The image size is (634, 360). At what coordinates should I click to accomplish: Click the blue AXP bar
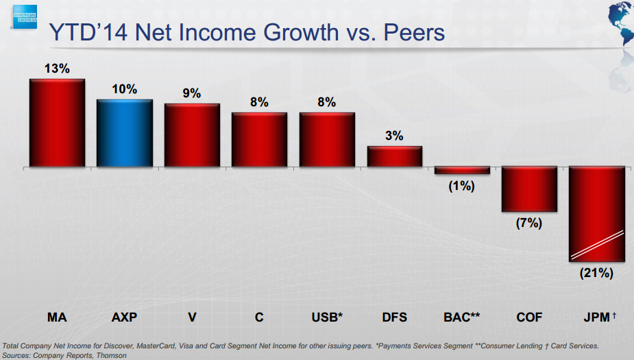coord(124,133)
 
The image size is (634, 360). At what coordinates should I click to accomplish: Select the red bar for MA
coord(57,123)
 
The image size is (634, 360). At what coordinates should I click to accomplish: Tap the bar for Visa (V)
coord(192,135)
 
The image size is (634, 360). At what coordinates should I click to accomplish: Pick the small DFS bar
coord(394,156)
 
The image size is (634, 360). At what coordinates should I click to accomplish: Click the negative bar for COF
coord(529,189)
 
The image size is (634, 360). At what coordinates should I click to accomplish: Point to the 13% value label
coord(57,69)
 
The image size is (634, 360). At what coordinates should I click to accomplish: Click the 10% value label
coord(124,89)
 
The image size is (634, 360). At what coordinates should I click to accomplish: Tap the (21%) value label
coord(596,273)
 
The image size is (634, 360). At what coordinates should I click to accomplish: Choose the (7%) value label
coord(529,223)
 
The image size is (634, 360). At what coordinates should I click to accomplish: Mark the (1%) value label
coord(462,185)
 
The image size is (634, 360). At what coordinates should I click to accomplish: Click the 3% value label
coord(394,136)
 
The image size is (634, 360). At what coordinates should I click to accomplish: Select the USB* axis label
coord(327,317)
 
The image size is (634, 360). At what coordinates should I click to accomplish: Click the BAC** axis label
coord(462,317)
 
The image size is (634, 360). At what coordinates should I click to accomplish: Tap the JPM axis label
coord(595,317)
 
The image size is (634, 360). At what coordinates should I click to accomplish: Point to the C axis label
coord(259,317)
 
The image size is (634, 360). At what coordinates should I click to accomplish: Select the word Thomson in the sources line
coord(111,355)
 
